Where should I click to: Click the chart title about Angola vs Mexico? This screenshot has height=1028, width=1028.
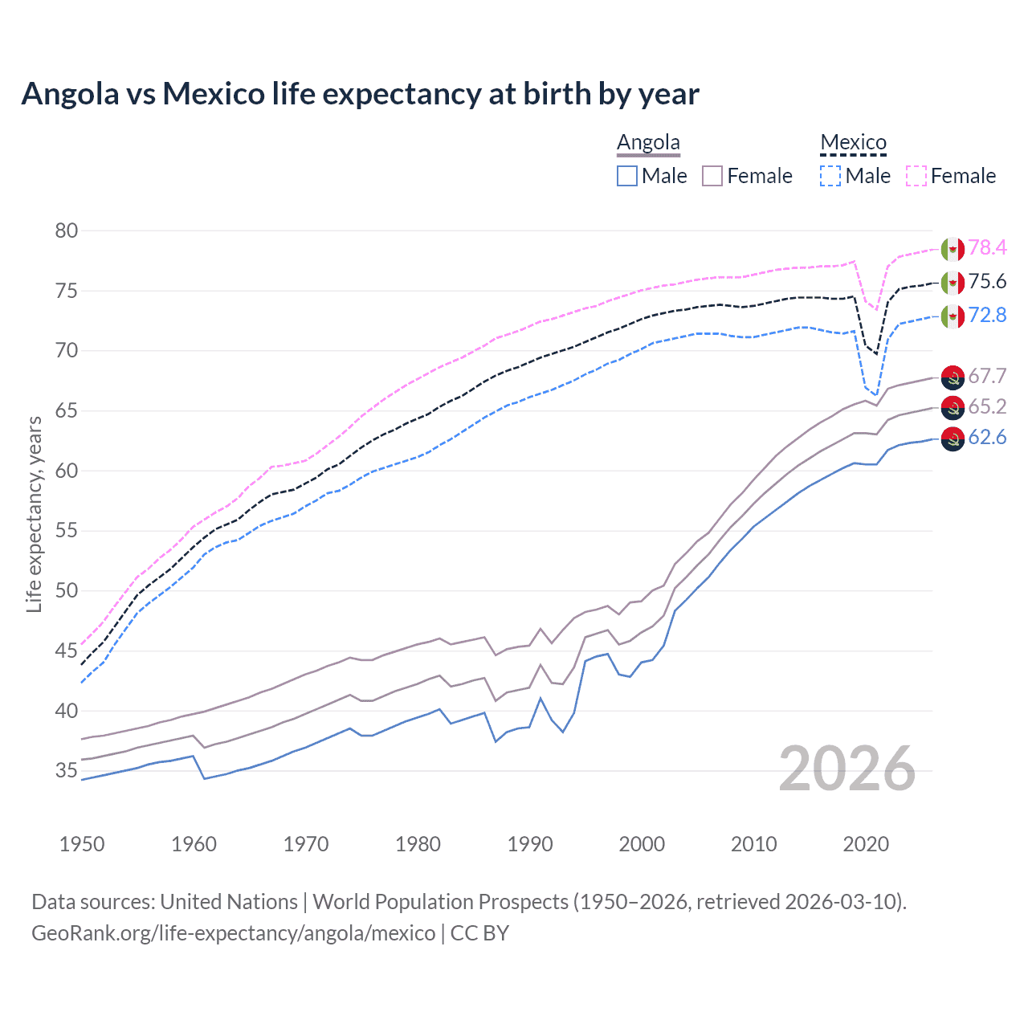point(360,94)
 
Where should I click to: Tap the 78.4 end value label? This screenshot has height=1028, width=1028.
point(987,247)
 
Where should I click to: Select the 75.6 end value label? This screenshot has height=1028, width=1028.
point(987,281)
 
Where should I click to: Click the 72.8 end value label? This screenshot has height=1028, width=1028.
point(987,315)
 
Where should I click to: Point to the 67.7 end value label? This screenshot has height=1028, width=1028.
point(987,376)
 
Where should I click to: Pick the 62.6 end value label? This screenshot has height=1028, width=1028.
point(987,437)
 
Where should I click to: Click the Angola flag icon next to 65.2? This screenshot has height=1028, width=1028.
point(953,407)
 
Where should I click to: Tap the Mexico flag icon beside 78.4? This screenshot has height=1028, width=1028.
point(953,249)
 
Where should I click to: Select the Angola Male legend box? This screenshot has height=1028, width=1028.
point(627,176)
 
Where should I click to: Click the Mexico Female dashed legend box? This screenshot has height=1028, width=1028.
point(916,176)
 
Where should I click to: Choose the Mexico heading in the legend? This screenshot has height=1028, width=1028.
point(853,142)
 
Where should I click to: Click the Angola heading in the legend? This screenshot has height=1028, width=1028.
point(648,142)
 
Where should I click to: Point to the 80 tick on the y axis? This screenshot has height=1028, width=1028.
point(67,230)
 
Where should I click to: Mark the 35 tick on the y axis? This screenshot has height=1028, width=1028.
point(67,771)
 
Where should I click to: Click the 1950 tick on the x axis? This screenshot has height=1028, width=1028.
point(82,844)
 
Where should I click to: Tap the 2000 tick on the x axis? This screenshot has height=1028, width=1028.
point(642,844)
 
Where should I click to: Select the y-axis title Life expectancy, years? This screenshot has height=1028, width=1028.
point(34,514)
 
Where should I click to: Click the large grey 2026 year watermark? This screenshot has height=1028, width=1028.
point(847,769)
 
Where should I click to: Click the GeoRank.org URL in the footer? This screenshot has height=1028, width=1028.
point(233,932)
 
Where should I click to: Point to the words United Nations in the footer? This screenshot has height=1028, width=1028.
point(229,901)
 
